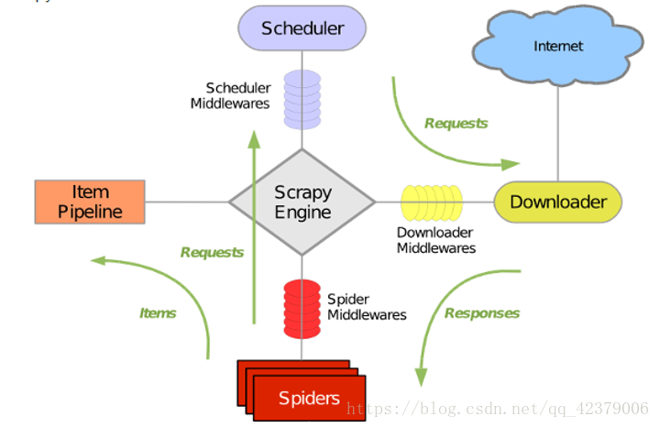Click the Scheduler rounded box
coord(302,27)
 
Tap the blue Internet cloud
coord(557,46)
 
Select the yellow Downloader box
coord(557,202)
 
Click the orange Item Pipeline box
coord(90,202)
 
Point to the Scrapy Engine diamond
coord(302,203)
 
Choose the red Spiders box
coord(309,398)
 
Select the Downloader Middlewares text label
coord(436,240)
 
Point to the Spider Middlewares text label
coord(367,307)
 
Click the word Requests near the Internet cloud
coord(456,123)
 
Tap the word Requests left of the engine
coord(212,252)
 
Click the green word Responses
coord(481,313)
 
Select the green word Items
coord(158,313)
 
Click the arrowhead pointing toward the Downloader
coord(511,165)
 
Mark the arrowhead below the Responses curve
coord(422,377)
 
